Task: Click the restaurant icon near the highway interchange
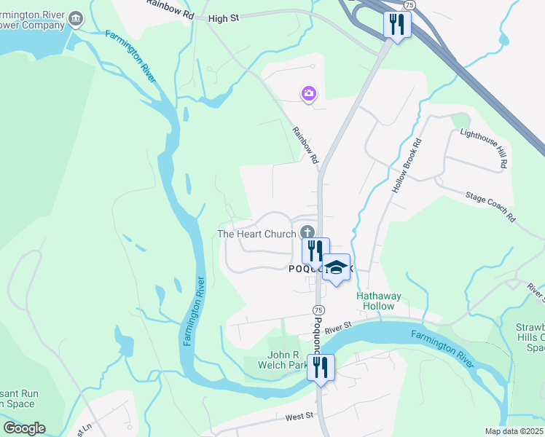click(x=397, y=25)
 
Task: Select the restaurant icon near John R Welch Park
click(x=321, y=367)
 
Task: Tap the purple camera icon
click(x=309, y=93)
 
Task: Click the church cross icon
click(x=307, y=233)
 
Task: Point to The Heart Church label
click(x=256, y=234)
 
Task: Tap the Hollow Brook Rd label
click(x=407, y=166)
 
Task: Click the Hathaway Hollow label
click(x=375, y=301)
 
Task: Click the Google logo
click(x=24, y=428)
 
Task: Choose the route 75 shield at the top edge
click(x=410, y=4)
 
